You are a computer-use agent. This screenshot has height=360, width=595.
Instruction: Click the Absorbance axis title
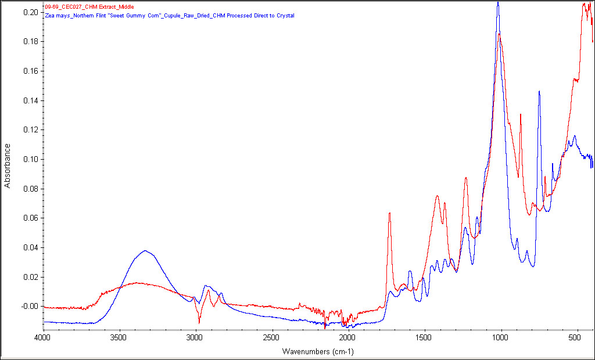8,165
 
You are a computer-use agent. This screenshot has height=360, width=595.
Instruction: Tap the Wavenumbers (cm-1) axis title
318,352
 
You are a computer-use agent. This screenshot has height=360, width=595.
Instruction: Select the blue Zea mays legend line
169,16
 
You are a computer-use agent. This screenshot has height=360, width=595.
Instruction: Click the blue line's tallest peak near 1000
498,3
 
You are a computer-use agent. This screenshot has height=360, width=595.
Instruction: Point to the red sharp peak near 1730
389,213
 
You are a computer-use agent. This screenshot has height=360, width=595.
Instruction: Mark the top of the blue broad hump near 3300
145,251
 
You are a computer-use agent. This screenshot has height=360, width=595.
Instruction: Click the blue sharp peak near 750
539,91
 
